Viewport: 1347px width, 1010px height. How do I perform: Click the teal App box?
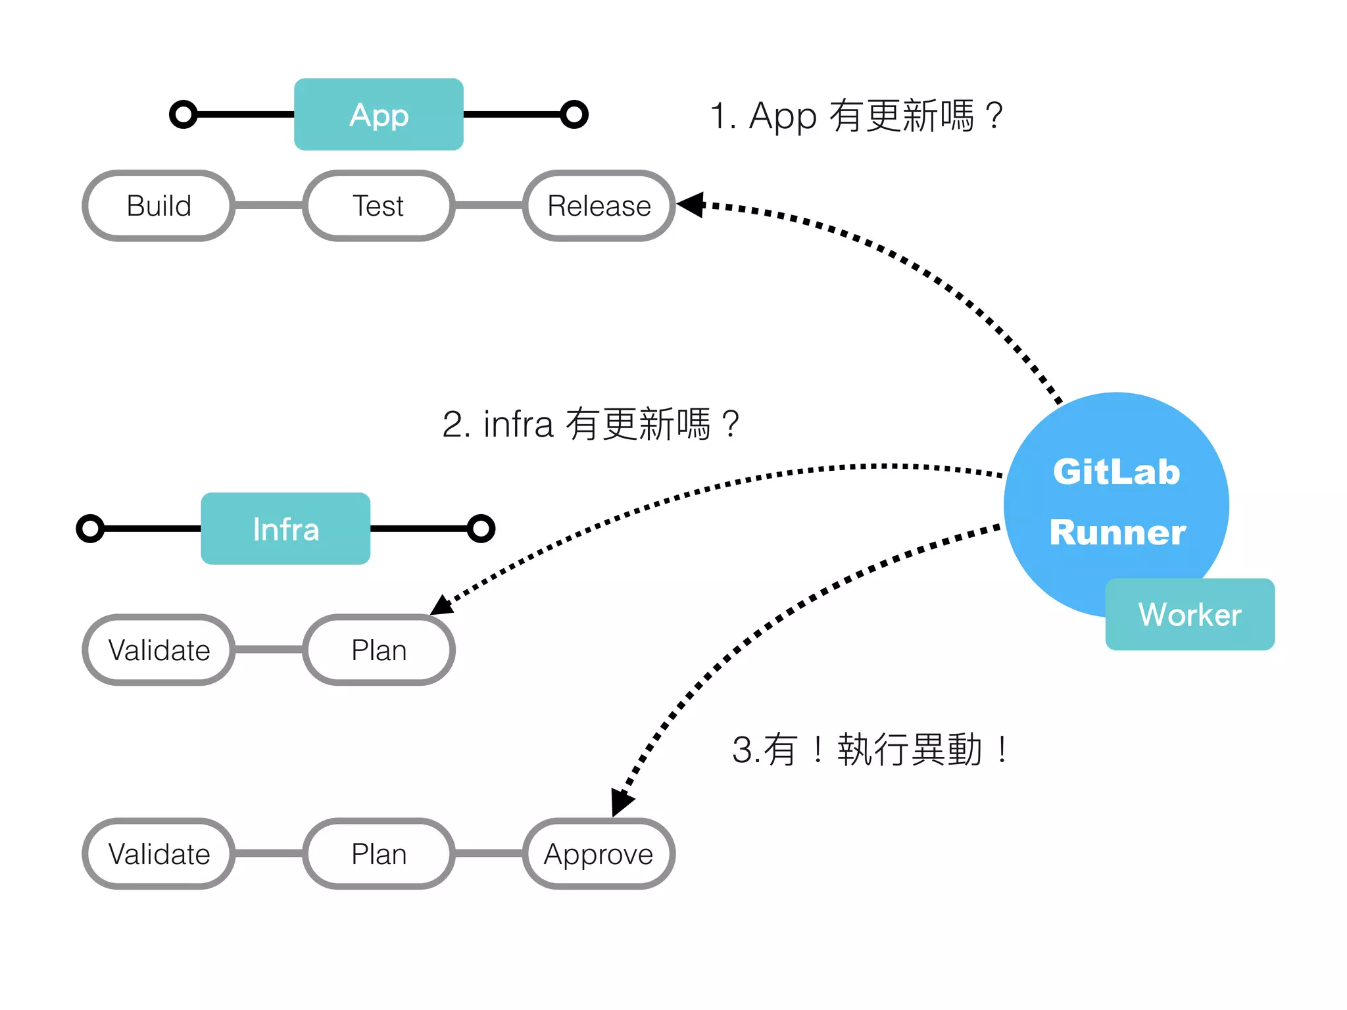tap(378, 114)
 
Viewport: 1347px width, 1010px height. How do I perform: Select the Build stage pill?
tap(159, 206)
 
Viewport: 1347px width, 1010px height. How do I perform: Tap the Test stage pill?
tap(378, 206)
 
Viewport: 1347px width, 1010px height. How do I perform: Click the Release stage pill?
tap(599, 206)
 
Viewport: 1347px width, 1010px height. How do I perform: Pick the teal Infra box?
tap(285, 529)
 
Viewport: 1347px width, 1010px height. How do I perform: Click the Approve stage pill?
tap(599, 854)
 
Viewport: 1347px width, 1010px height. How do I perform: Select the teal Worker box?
tap(1189, 614)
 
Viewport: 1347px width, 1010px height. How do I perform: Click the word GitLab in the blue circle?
tap(1116, 471)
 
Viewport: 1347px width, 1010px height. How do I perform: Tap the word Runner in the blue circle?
tap(1117, 532)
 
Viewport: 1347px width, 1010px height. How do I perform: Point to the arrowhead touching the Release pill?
tap(692, 204)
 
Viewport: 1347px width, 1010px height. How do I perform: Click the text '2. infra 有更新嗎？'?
tap(591, 424)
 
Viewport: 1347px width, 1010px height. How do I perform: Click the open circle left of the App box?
tap(184, 114)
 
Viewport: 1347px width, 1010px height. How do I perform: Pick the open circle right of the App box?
tap(574, 114)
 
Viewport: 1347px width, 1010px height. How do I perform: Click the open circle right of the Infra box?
tap(481, 529)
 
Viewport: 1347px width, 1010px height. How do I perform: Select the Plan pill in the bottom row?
tap(378, 854)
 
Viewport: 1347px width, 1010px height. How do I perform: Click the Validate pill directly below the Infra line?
tap(159, 650)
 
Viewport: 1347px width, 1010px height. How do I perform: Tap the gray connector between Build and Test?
tap(268, 206)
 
